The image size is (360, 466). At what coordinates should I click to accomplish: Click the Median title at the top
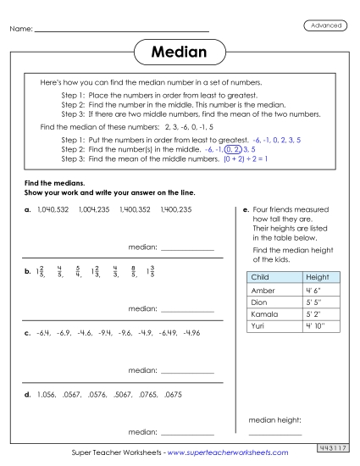click(x=180, y=53)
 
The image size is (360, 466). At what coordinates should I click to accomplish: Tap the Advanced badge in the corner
click(x=325, y=25)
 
